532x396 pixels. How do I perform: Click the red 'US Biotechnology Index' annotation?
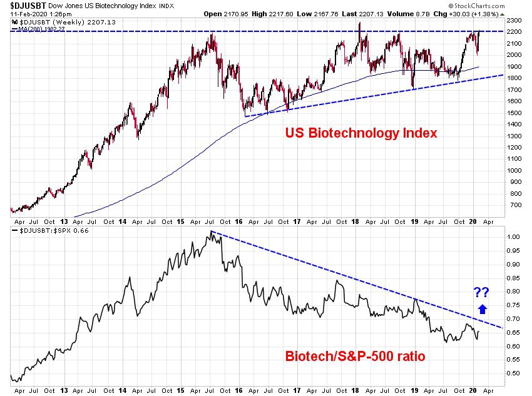point(361,133)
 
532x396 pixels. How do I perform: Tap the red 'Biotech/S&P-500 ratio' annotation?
point(355,357)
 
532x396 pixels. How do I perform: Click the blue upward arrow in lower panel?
point(483,309)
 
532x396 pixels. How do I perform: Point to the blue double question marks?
point(481,292)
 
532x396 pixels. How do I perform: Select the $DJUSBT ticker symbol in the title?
point(28,6)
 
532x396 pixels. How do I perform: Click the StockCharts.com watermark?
point(476,6)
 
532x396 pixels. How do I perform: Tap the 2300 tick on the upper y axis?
point(514,21)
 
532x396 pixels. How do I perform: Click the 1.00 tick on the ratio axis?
point(513,236)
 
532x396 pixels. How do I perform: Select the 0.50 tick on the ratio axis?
point(513,373)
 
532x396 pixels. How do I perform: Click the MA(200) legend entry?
point(38,29)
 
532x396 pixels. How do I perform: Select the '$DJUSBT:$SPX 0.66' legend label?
point(50,231)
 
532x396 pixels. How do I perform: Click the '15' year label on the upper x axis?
point(180,221)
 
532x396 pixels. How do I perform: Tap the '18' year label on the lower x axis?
point(355,390)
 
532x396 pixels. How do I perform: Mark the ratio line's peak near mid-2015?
point(211,231)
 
